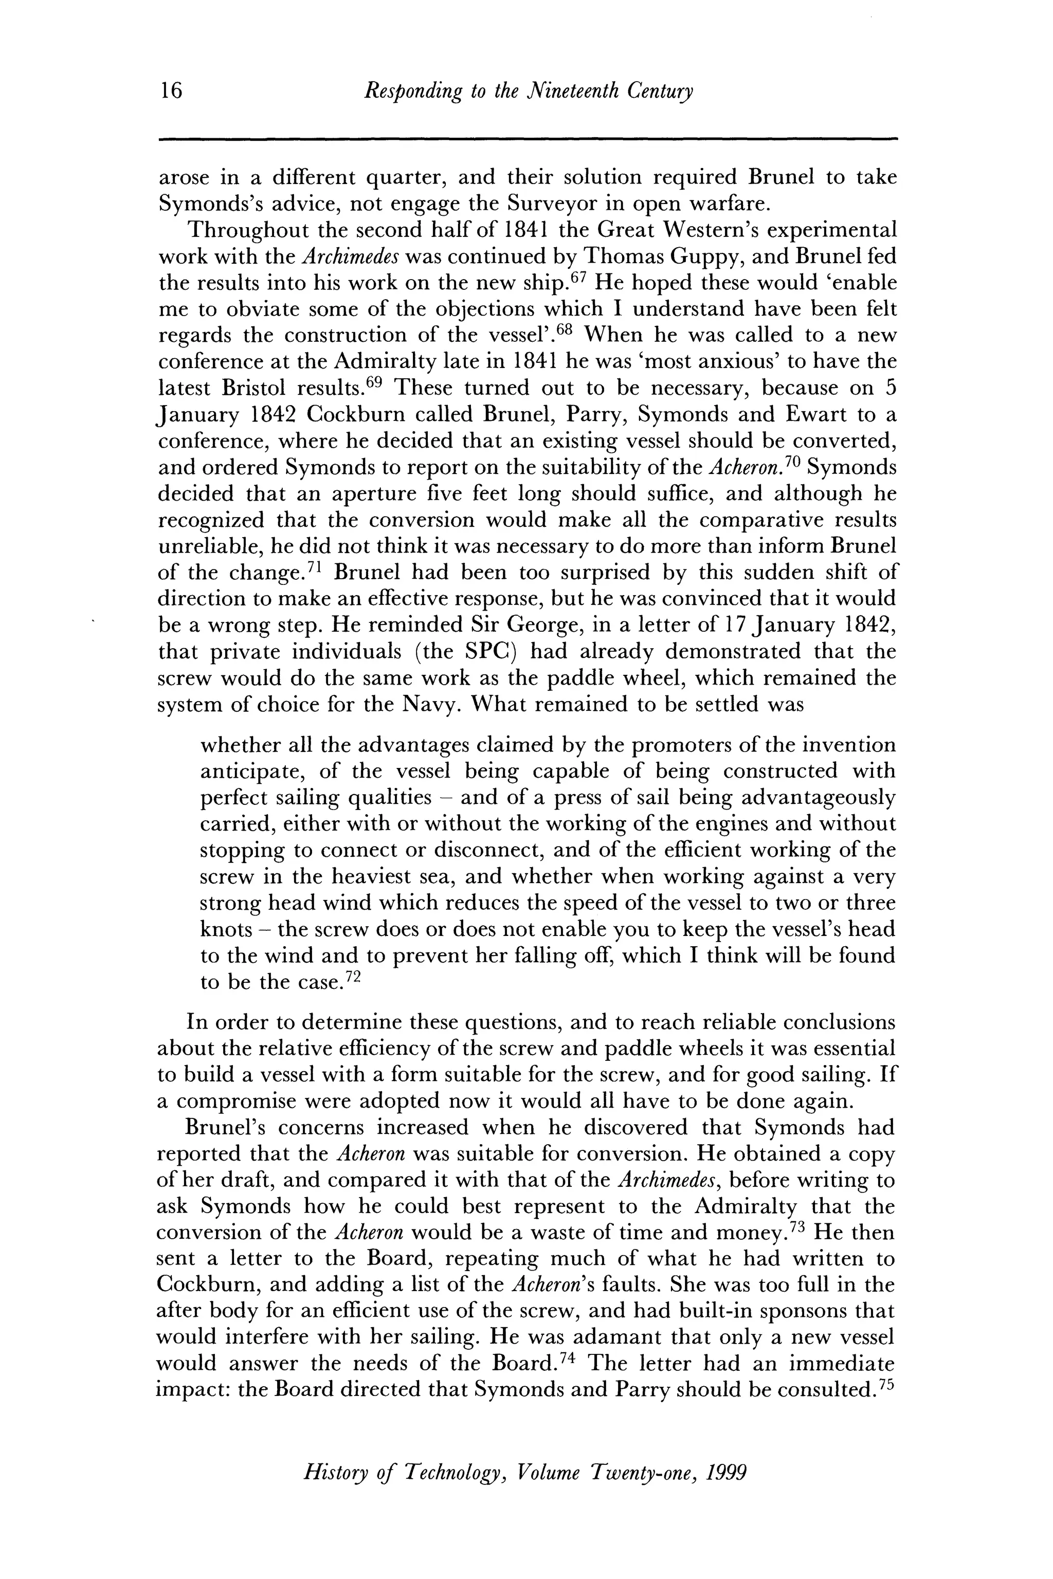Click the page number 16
pos(171,90)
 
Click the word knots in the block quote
pos(226,930)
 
